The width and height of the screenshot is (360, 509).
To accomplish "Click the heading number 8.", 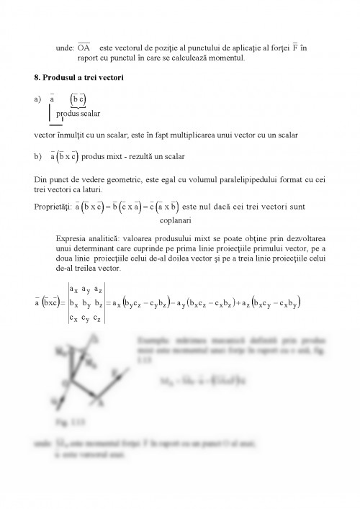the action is point(37,77).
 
